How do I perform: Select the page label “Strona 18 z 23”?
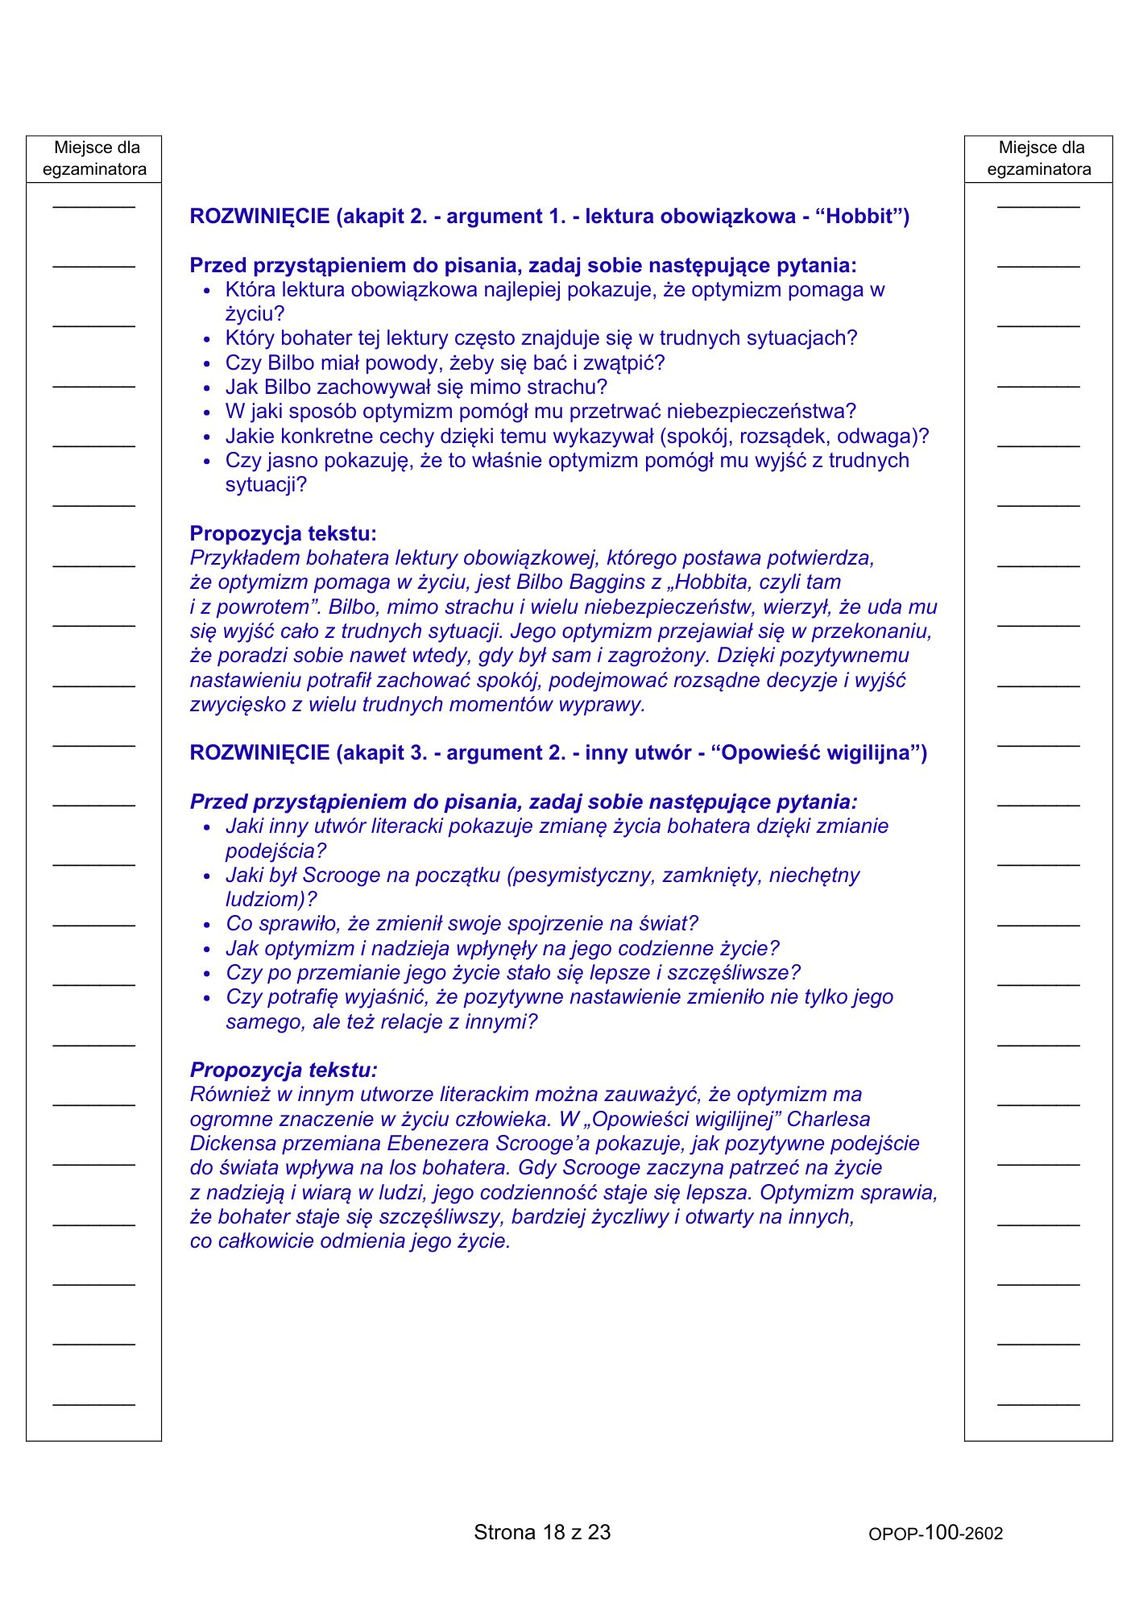pyautogui.click(x=542, y=1532)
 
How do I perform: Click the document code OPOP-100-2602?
pyautogui.click(x=935, y=1533)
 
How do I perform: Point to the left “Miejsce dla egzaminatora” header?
pyautogui.click(x=94, y=159)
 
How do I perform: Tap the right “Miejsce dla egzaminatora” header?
pyautogui.click(x=1038, y=159)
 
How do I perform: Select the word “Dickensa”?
pyautogui.click(x=228, y=1143)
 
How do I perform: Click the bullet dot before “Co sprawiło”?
pyautogui.click(x=207, y=925)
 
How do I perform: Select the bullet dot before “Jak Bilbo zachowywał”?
pyautogui.click(x=207, y=388)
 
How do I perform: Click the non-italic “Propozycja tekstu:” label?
pyautogui.click(x=283, y=533)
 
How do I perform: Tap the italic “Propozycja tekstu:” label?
pyautogui.click(x=283, y=1070)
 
